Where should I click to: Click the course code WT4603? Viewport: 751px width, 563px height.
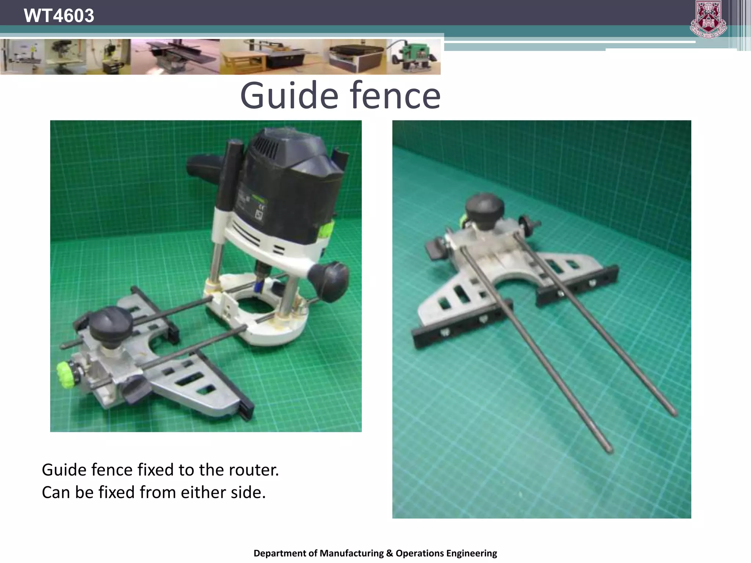[x=59, y=16]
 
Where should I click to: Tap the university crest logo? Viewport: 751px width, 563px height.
[x=708, y=19]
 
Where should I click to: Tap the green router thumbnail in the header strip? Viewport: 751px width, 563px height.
[x=414, y=57]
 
